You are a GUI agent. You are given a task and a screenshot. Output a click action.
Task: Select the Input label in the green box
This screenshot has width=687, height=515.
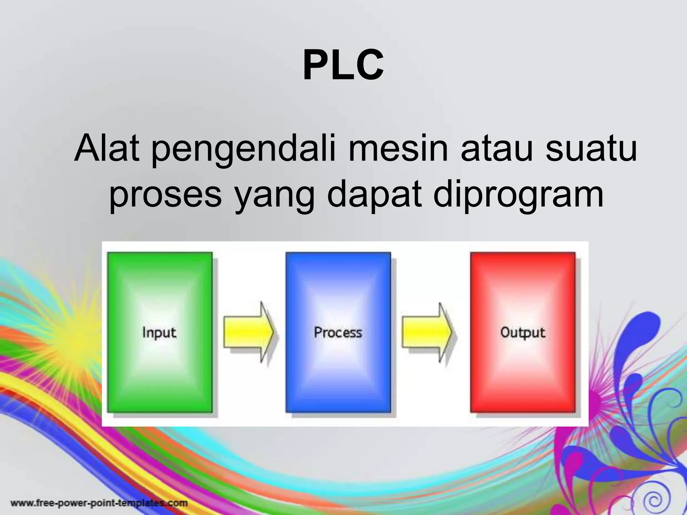159,333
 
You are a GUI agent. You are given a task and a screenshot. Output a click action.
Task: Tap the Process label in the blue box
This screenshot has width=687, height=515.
338,332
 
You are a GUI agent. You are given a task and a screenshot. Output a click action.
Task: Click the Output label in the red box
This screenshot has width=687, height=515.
523,333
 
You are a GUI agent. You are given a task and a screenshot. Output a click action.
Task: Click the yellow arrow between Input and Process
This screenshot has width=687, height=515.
249,332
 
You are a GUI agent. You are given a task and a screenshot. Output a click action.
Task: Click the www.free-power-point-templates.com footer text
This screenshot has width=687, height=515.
99,503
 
